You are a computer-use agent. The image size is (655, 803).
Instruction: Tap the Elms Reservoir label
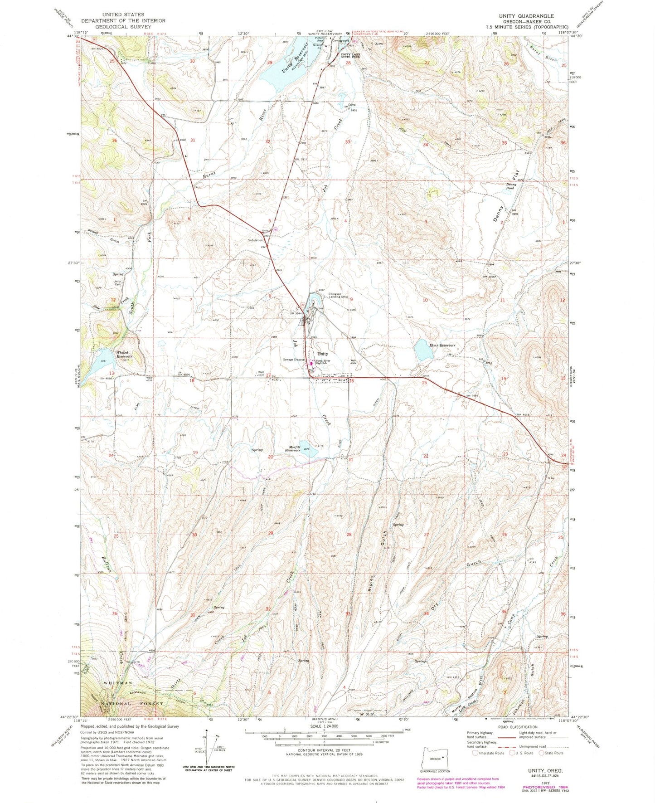click(x=442, y=345)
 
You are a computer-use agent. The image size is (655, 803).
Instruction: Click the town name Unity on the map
click(x=322, y=354)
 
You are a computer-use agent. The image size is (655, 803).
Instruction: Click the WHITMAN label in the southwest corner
click(x=117, y=683)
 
